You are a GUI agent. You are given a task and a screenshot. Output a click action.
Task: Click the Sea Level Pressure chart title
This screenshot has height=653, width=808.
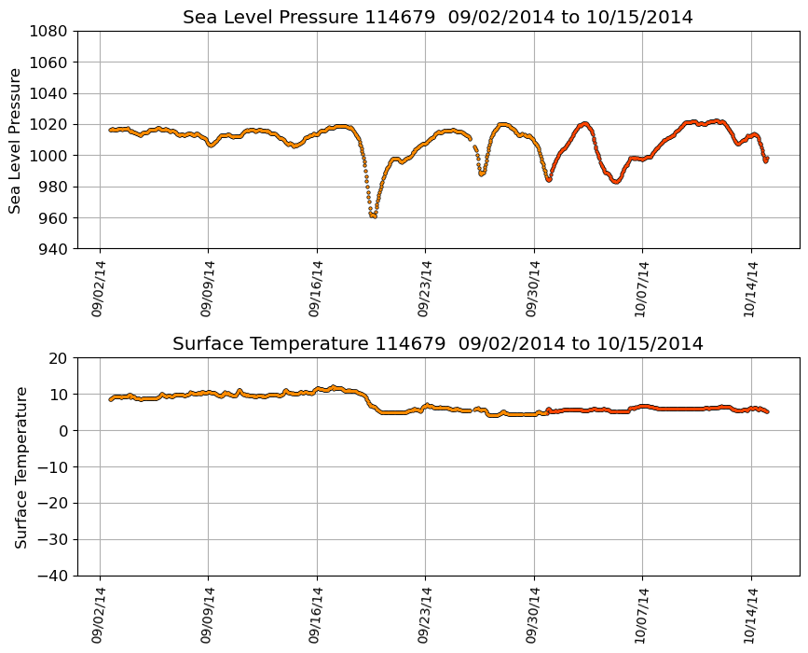437,18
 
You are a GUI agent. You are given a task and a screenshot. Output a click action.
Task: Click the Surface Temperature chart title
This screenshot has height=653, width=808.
437,344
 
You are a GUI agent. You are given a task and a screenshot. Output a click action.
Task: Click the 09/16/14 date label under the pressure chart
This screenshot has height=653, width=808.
315,288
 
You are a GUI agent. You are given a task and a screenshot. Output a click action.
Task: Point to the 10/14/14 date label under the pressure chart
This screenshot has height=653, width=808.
749,288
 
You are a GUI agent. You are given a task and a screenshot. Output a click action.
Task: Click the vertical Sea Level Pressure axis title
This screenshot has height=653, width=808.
15,140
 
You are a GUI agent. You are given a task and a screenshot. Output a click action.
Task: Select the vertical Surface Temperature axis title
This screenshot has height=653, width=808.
21,466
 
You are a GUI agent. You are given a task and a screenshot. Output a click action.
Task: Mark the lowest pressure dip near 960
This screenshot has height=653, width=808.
373,215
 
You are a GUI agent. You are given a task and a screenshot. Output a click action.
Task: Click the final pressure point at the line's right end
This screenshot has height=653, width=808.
766,160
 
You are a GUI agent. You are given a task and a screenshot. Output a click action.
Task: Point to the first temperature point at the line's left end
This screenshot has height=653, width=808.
111,399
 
